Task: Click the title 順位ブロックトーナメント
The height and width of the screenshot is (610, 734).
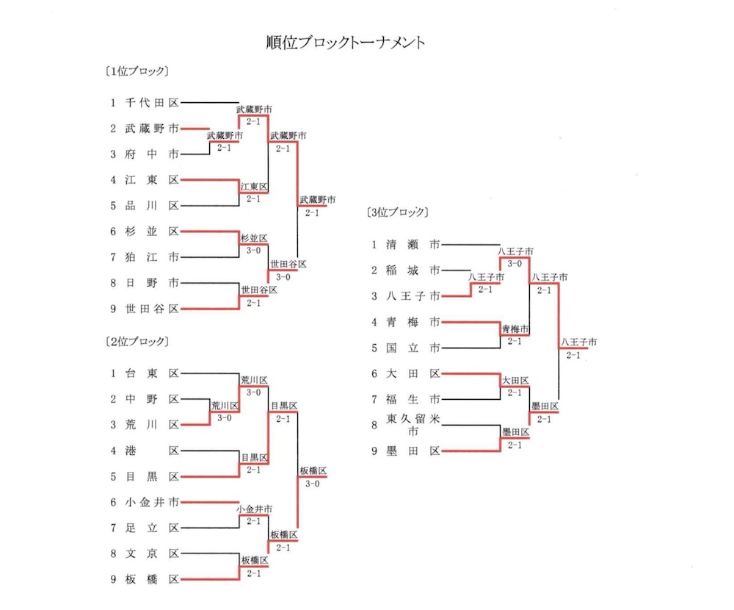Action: tap(345, 43)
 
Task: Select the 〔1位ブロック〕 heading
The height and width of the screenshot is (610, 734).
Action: tap(137, 72)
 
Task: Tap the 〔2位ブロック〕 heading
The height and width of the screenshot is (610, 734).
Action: tap(137, 342)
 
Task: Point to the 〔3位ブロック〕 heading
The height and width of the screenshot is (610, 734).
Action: tap(396, 213)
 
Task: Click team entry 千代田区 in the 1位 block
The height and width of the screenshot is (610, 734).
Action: tap(151, 103)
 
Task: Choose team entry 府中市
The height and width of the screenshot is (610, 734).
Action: tap(151, 154)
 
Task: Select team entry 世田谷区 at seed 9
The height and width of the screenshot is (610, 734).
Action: tap(151, 309)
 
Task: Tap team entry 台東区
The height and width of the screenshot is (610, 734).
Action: tap(151, 373)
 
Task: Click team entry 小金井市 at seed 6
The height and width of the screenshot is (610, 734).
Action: tap(151, 502)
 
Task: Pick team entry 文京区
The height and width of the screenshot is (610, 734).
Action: tap(151, 553)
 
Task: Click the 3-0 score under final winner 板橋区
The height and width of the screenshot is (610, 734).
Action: tap(312, 484)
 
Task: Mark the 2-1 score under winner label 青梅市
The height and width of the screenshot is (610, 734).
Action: tap(515, 341)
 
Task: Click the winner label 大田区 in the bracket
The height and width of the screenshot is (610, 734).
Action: tap(515, 381)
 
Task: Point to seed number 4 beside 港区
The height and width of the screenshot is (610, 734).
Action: tap(114, 451)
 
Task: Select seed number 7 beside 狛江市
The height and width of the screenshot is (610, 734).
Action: tap(114, 257)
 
